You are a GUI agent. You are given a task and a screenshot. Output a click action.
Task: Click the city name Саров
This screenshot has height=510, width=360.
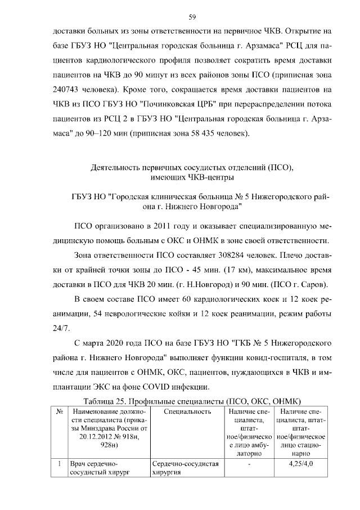pyautogui.click(x=316, y=285)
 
